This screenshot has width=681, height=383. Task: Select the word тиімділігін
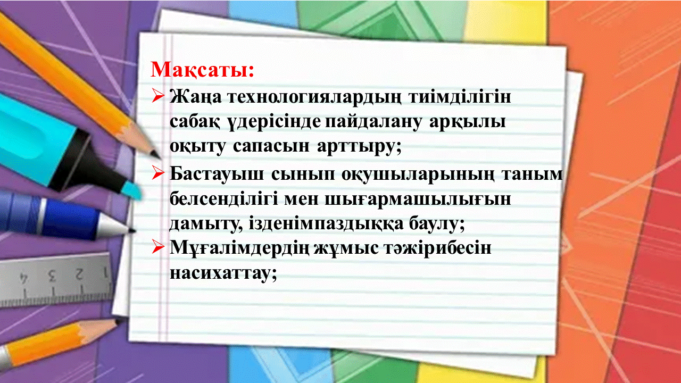[x=460, y=97]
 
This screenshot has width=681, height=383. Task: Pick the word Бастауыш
[x=217, y=174]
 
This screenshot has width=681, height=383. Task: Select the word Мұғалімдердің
[x=239, y=248]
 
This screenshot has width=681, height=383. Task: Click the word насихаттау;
[x=223, y=273]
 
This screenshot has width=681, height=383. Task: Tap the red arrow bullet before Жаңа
[x=157, y=96]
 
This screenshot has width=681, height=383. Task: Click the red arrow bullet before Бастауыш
[x=157, y=173]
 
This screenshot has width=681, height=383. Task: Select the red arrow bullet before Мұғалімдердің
[x=157, y=247]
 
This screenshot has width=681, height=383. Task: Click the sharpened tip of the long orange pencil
[x=159, y=158]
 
